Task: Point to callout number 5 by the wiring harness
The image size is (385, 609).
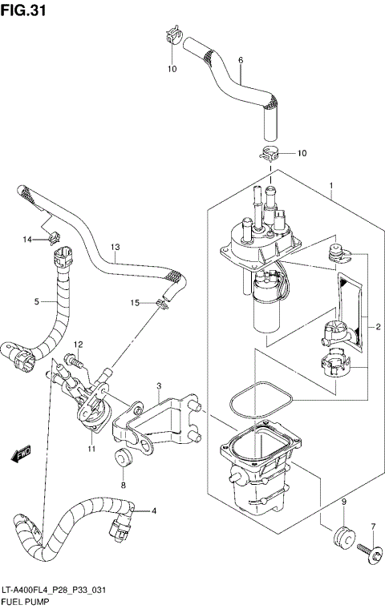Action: click(x=37, y=301)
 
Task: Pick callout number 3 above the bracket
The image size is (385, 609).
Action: click(x=160, y=386)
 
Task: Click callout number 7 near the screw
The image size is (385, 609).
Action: click(x=372, y=526)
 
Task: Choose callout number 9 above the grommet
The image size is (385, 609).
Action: click(x=343, y=502)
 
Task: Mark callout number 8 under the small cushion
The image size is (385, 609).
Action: click(x=123, y=486)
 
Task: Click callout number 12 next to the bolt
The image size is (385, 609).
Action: click(x=79, y=345)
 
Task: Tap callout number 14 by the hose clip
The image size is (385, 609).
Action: click(x=26, y=240)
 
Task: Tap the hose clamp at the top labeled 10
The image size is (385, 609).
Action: click(x=168, y=36)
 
